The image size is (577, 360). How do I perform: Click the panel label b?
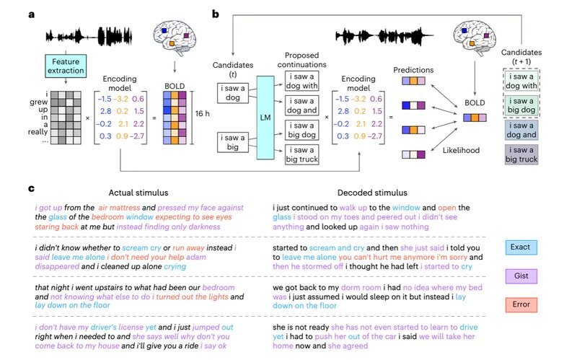(x=216, y=13)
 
